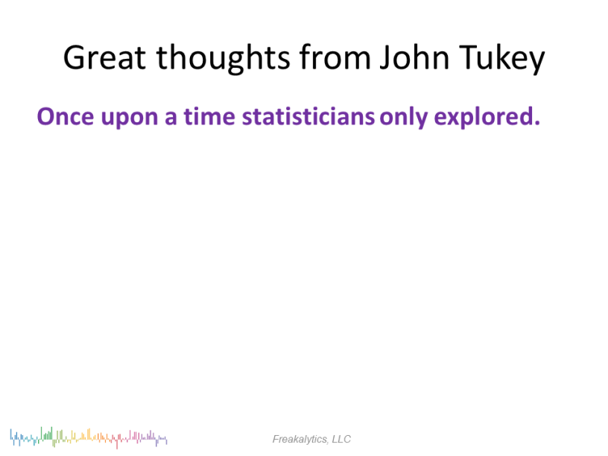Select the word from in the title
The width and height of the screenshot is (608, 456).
coord(335,57)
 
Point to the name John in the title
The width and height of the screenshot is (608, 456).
coord(414,57)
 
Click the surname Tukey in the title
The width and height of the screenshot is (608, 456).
coord(502,59)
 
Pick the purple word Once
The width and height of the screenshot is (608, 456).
coord(66,116)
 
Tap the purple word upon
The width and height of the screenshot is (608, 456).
coord(130,118)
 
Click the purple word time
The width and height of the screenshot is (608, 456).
coord(209,116)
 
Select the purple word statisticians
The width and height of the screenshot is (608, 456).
coord(308,116)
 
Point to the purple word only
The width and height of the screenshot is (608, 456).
coord(404,118)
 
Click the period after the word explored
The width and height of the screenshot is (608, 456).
coord(537,123)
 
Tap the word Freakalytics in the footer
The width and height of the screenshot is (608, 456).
coord(300,440)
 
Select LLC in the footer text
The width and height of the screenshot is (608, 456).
coord(341,439)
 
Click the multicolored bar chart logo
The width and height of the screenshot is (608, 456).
coord(89,438)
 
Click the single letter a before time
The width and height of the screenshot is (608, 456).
coord(171,118)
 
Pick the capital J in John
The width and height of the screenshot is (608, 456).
coord(385,58)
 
